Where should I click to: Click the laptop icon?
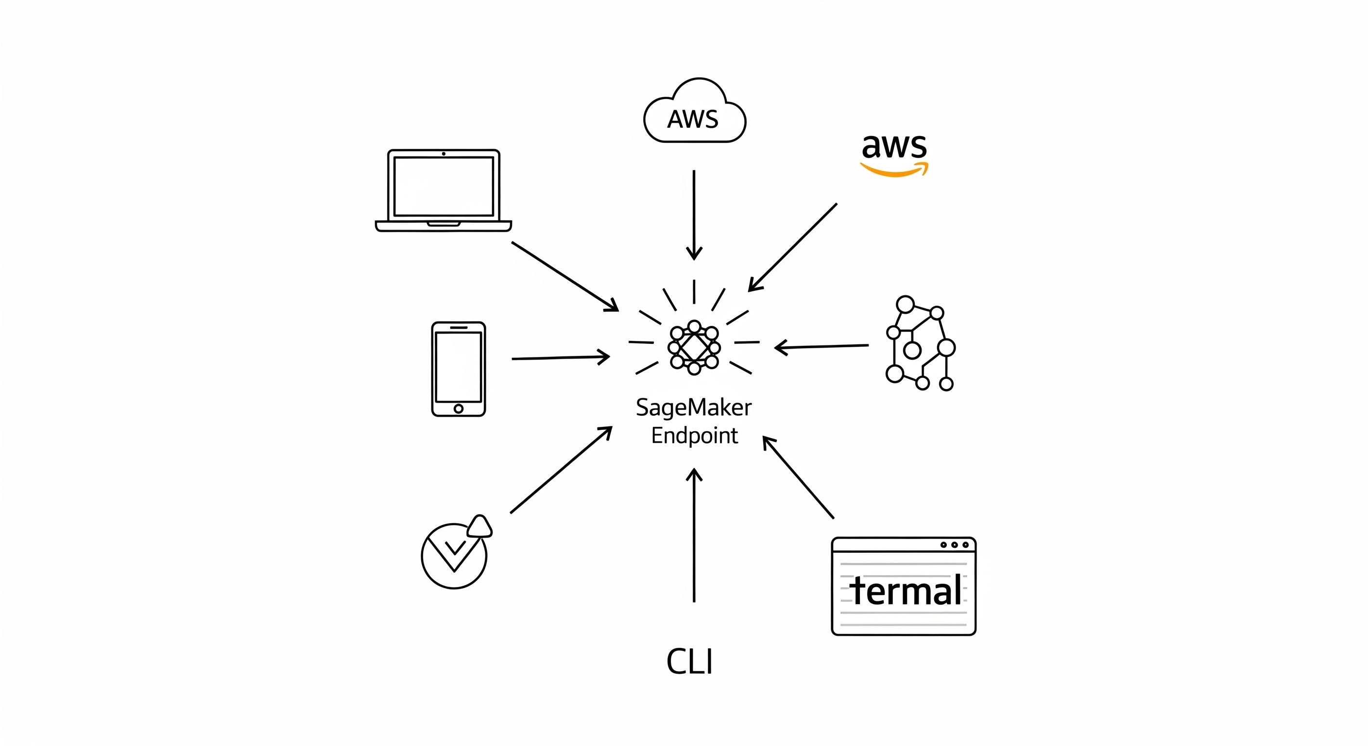coord(444,190)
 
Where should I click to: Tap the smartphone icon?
coord(458,369)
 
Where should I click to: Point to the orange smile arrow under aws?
coord(895,170)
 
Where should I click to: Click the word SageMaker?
coord(694,408)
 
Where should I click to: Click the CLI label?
coord(689,661)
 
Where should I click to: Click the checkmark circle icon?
coord(455,555)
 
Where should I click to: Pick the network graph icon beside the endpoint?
coord(920,343)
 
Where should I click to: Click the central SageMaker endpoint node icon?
coord(694,348)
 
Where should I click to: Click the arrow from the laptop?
coord(564,276)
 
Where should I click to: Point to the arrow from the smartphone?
coord(560,357)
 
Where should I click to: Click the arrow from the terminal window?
coord(798,477)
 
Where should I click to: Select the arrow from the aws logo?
coord(793,247)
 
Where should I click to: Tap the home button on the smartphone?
coord(458,408)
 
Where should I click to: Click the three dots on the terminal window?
coord(954,545)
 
